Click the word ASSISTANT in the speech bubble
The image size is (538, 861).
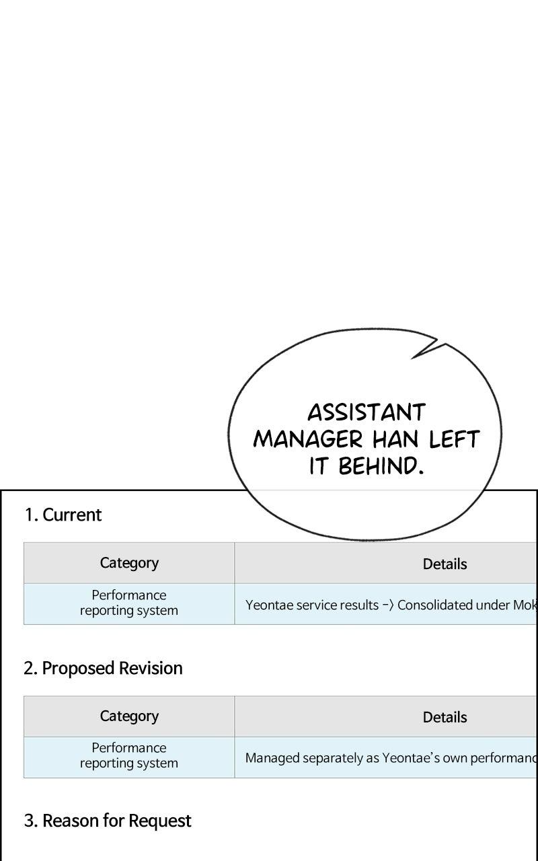[367, 412]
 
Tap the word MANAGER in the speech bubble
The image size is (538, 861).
[307, 439]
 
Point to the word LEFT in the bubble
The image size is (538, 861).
[454, 439]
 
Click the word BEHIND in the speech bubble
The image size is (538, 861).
[381, 466]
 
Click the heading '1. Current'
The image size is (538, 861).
[63, 515]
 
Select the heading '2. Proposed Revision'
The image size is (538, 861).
[103, 668]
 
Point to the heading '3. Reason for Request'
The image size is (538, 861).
[108, 821]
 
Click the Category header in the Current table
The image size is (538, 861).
[129, 563]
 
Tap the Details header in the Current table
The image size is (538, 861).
[445, 564]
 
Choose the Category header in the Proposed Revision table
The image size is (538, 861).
[129, 716]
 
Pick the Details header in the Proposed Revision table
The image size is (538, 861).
[445, 717]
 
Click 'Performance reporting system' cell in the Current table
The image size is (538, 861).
[129, 603]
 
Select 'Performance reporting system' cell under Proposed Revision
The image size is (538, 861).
[129, 755]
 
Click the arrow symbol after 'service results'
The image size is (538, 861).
[388, 605]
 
